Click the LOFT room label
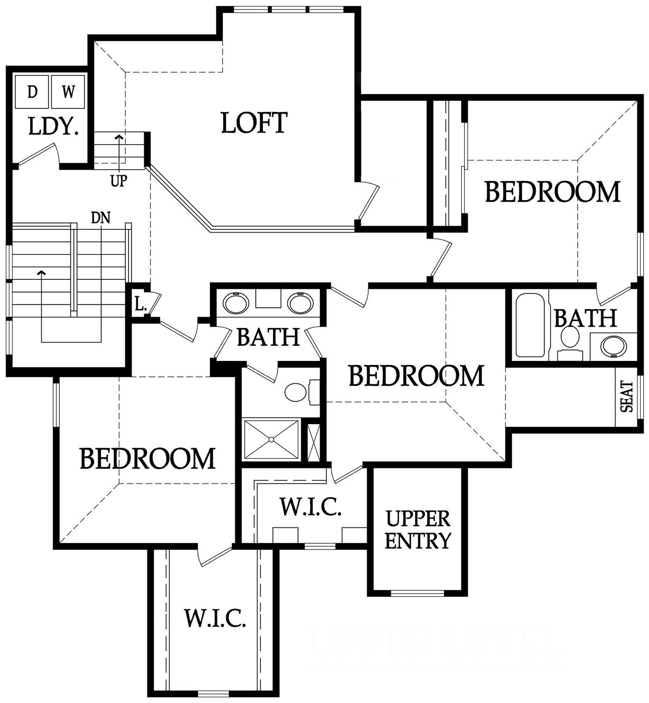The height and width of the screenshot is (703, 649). click(254, 123)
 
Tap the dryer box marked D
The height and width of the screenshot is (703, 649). click(32, 92)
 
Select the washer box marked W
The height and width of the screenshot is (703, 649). click(68, 92)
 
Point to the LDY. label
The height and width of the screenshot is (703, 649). click(53, 127)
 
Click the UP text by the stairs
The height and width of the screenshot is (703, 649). click(118, 181)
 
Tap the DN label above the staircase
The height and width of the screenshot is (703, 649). click(101, 217)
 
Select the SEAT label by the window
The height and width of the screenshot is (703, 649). click(626, 396)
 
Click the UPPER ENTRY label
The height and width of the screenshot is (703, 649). click(418, 529)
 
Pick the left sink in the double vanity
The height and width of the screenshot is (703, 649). click(236, 304)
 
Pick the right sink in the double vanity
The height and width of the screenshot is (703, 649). click(301, 304)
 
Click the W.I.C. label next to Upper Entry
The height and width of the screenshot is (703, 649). click(311, 507)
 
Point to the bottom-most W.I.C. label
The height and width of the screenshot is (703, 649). click(215, 618)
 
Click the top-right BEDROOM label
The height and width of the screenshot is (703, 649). click(552, 191)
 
